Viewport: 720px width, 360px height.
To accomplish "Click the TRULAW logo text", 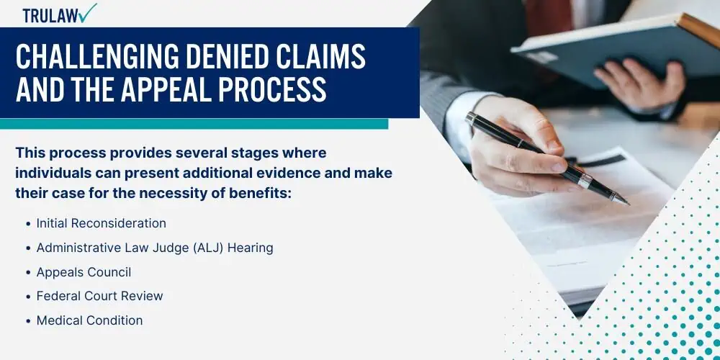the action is (x=50, y=16).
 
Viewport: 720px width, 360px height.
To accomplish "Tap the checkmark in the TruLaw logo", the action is (x=87, y=12).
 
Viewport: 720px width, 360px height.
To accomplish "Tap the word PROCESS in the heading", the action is (x=273, y=89).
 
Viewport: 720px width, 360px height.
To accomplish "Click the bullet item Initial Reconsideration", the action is (x=101, y=223).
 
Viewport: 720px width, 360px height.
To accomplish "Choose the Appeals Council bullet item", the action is (x=84, y=272).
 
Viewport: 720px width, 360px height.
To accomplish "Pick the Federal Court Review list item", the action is (x=99, y=296).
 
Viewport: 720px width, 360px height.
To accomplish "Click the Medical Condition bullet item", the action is (x=89, y=320).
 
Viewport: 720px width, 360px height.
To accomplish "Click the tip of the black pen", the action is (x=628, y=204).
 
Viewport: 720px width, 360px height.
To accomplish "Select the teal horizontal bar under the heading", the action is (x=194, y=124).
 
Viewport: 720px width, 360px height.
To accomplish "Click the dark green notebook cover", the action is (x=616, y=50).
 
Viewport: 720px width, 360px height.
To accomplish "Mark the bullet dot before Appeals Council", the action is (x=29, y=273).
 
